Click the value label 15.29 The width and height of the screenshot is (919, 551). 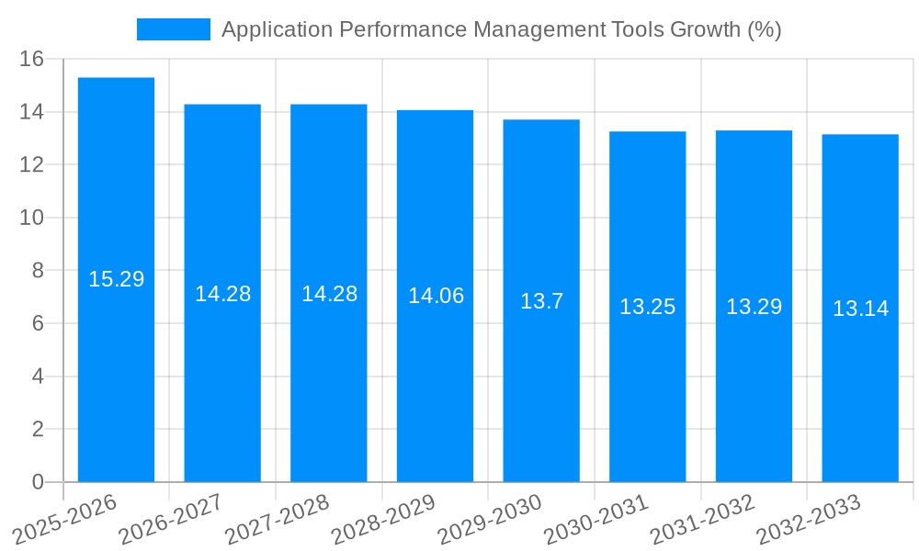pos(116,279)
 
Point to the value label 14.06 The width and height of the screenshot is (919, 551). pos(436,296)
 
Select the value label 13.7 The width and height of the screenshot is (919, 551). pos(541,301)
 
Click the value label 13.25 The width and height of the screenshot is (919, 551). pos(647,307)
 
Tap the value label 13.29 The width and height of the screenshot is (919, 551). pos(754,307)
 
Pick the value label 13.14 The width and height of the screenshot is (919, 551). pos(860,309)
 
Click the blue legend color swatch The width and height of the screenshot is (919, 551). pos(173,29)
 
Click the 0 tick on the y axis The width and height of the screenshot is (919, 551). pos(38,482)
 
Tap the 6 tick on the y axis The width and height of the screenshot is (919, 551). pos(38,323)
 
